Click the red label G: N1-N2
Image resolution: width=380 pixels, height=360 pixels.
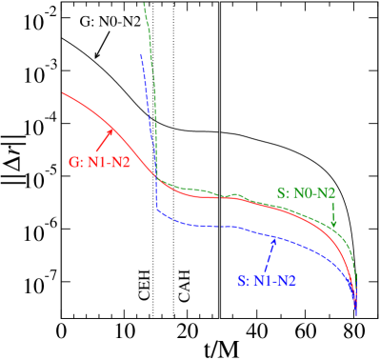coord(99,161)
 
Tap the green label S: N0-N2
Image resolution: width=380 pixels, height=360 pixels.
coord(306,193)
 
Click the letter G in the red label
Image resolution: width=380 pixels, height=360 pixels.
coord(74,161)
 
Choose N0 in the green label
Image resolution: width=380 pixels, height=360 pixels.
coord(304,193)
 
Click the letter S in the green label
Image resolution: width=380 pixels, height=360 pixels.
coord(281,193)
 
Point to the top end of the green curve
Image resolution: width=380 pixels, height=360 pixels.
coord(144,4)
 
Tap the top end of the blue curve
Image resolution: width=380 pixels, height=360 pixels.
coord(141,55)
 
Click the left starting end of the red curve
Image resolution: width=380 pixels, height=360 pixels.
coord(64,93)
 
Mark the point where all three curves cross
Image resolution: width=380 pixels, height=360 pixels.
coord(155,175)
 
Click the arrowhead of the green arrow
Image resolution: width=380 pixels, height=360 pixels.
coord(333,226)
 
